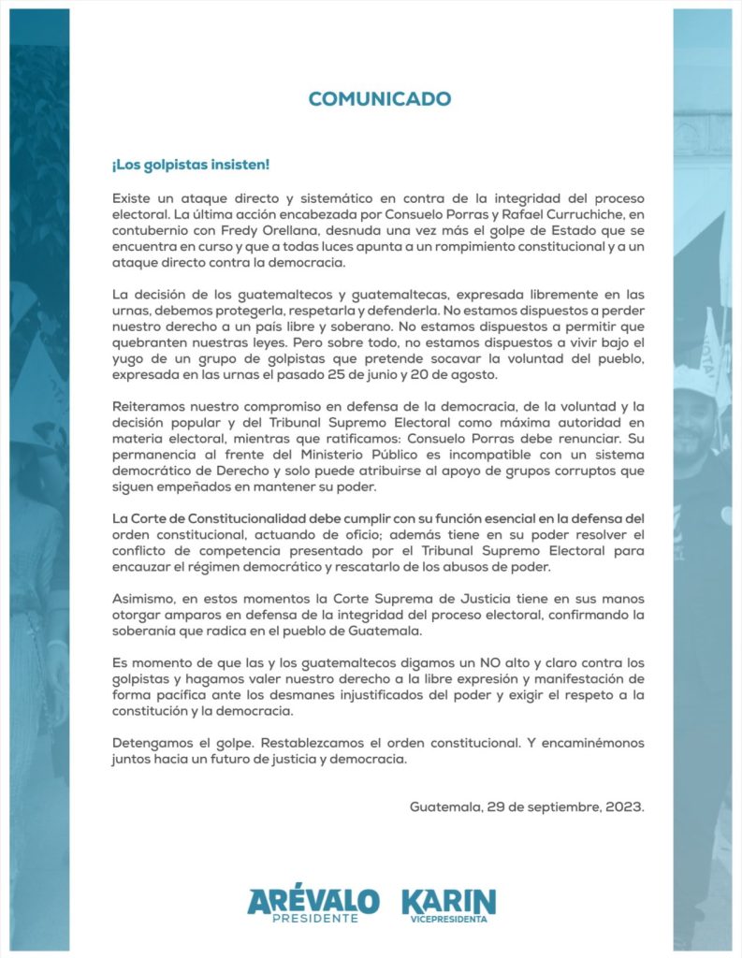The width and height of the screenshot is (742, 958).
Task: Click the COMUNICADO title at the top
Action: point(380,99)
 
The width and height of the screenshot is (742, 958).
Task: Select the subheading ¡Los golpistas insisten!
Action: point(191,165)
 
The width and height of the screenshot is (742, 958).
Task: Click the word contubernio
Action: point(153,232)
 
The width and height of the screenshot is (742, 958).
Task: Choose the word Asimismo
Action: point(145,600)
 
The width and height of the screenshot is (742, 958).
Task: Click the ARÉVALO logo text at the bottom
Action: point(313,901)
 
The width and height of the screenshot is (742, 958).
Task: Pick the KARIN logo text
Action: point(448,901)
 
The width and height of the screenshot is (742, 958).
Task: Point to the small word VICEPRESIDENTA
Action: point(448,920)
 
